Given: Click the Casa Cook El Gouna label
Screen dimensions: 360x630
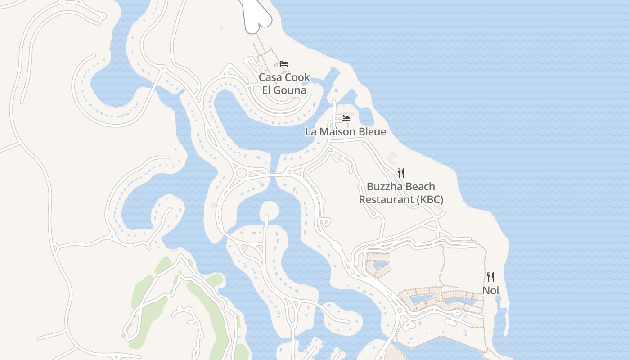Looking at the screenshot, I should (x=284, y=84).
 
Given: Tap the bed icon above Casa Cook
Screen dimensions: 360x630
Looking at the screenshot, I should (x=283, y=64).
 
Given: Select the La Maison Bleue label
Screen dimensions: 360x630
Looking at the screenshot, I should (x=346, y=132).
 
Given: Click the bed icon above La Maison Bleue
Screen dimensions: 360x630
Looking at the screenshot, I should (x=346, y=118).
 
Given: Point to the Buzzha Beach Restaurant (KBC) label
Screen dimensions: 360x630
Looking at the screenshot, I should (x=400, y=193).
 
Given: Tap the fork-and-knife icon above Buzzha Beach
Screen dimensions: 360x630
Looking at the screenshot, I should (x=400, y=173).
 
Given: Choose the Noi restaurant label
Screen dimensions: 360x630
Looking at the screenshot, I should (x=490, y=291).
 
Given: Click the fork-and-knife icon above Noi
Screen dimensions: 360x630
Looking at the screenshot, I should (x=490, y=277).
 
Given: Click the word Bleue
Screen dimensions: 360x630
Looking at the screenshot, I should (x=371, y=132).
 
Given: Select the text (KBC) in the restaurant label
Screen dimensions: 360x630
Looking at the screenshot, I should (x=430, y=199).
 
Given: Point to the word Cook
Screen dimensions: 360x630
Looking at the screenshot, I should (x=297, y=77).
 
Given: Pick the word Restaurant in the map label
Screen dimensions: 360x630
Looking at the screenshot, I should (x=386, y=199).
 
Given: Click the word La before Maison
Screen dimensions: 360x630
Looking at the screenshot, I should (x=311, y=132).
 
